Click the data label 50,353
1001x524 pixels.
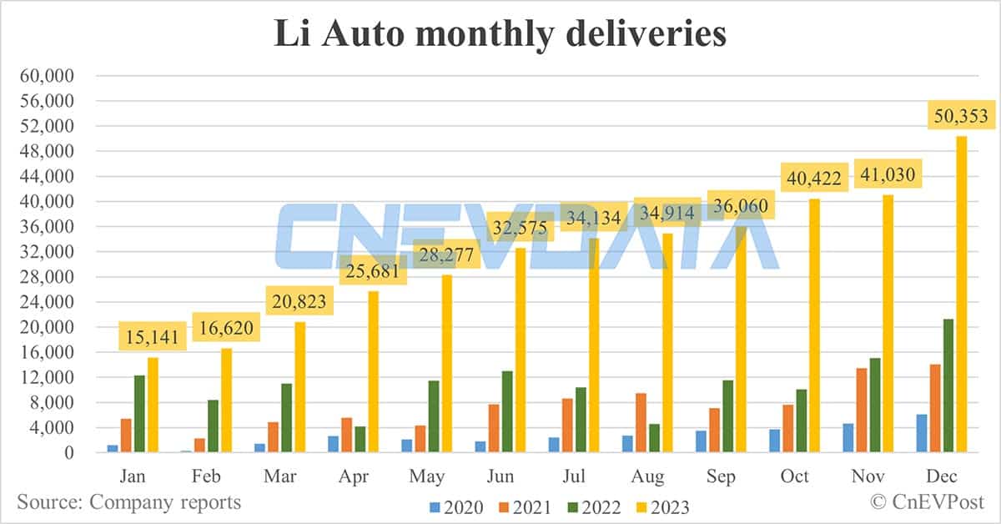coord(961,116)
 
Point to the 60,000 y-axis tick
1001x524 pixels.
coord(47,76)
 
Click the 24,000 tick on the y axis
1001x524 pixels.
coord(47,302)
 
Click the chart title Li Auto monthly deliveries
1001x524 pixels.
coord(500,34)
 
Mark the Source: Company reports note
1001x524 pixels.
coord(129,502)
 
